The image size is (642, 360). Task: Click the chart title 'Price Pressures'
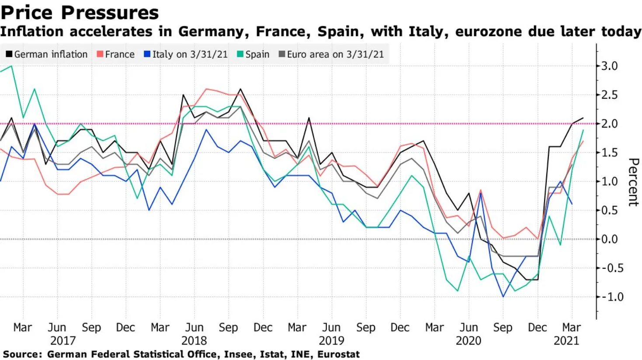click(x=80, y=13)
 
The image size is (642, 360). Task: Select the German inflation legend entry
click(x=47, y=54)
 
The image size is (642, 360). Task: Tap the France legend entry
click(x=116, y=54)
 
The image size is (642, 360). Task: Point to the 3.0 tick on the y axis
click(x=609, y=66)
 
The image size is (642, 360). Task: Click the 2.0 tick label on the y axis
click(x=609, y=124)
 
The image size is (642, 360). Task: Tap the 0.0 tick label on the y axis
click(x=609, y=239)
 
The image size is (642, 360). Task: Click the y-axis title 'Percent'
click(x=633, y=182)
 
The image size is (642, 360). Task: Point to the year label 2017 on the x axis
click(x=63, y=341)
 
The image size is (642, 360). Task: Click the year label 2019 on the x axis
click(x=332, y=341)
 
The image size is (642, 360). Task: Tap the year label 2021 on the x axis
click(x=566, y=341)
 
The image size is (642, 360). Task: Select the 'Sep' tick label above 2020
click(x=503, y=328)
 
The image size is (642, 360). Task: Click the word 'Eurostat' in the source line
click(x=338, y=354)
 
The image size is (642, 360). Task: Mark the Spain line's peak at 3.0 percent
click(x=11, y=66)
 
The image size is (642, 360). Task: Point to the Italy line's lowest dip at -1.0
click(x=503, y=297)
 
